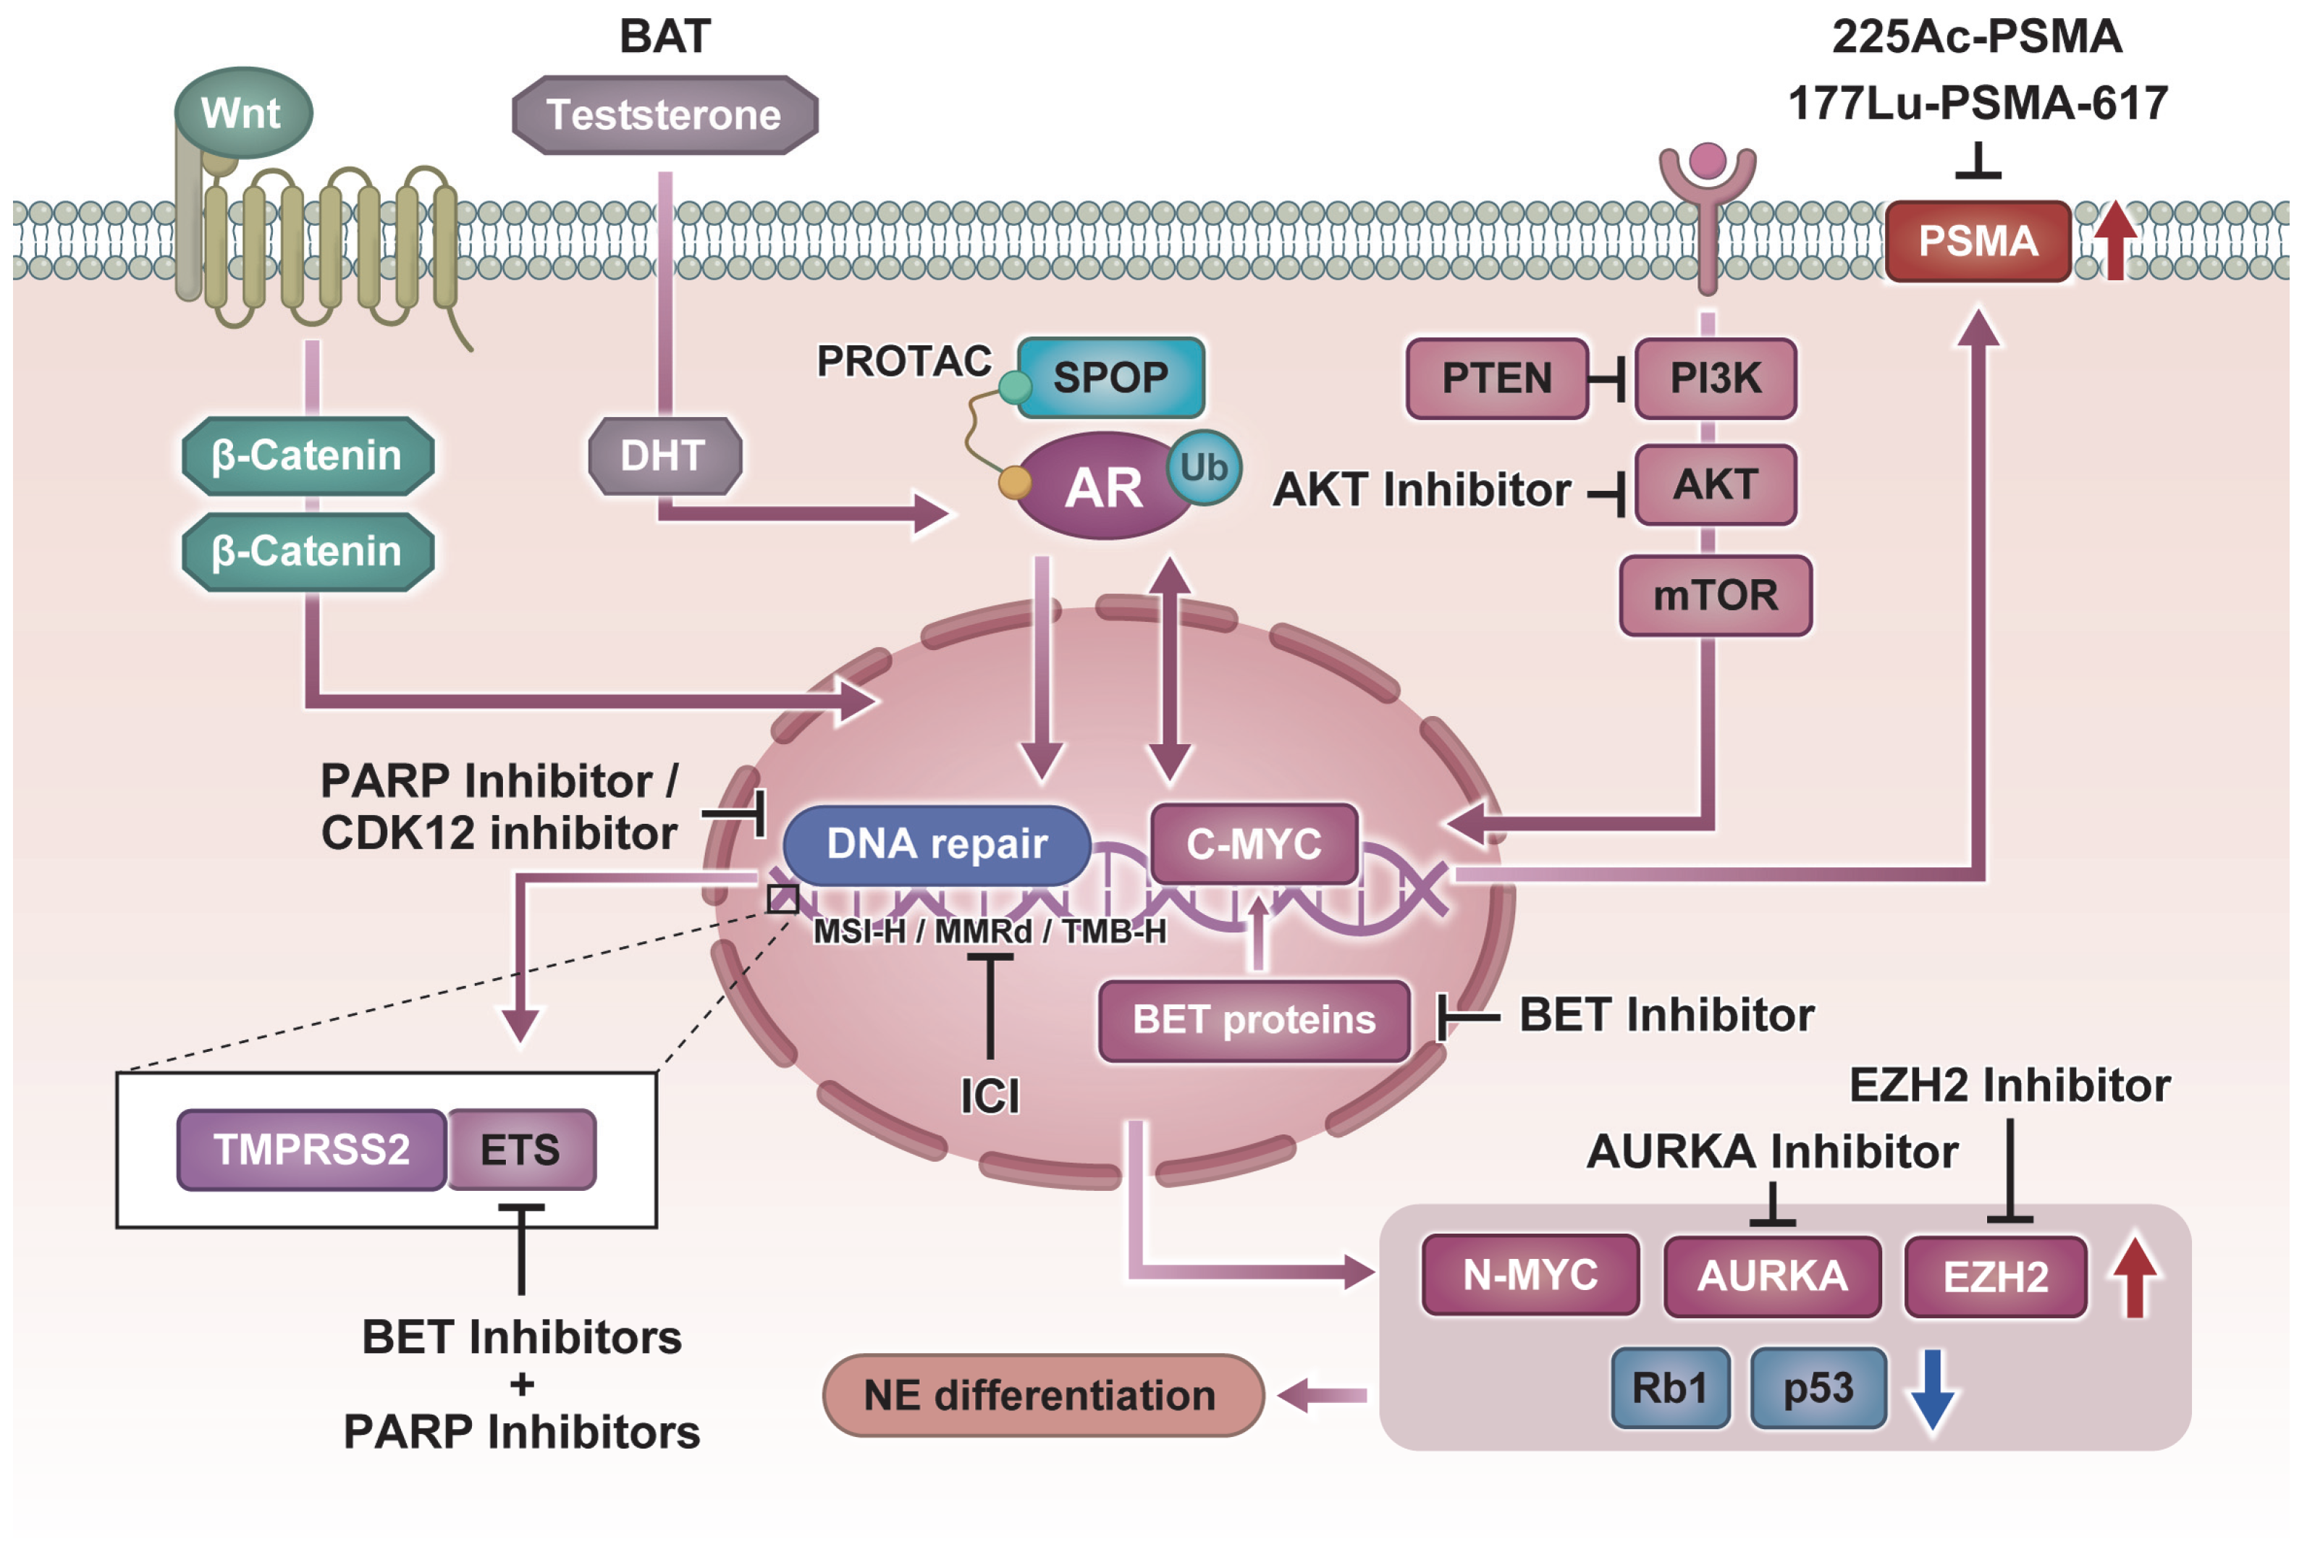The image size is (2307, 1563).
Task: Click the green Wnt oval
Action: click(x=243, y=113)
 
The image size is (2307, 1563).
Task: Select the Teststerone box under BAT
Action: click(x=664, y=115)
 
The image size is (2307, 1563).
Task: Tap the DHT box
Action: click(x=664, y=456)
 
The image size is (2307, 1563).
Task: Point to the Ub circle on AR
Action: click(x=1203, y=468)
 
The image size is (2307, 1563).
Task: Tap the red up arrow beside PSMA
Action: click(x=2114, y=240)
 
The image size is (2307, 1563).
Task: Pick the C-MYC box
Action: click(x=1253, y=844)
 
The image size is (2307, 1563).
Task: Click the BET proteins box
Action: click(x=1254, y=1020)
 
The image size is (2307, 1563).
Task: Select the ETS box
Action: click(x=520, y=1149)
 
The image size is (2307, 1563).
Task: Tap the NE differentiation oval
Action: click(x=1042, y=1394)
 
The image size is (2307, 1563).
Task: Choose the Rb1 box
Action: click(x=1670, y=1387)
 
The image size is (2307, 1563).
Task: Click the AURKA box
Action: click(x=1772, y=1275)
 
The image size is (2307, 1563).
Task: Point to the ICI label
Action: click(x=990, y=1095)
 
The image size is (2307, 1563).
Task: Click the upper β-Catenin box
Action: click(x=308, y=456)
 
